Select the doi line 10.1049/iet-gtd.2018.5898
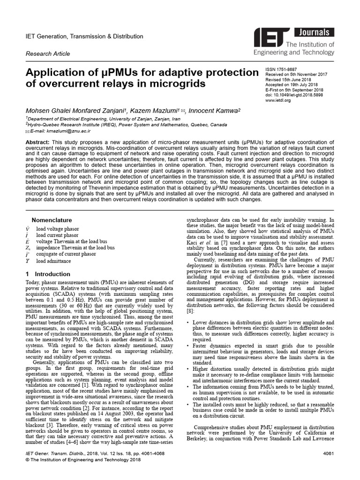click(294, 95)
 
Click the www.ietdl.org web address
click(278, 100)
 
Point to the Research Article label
click(48, 54)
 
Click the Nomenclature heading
click(52, 220)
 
